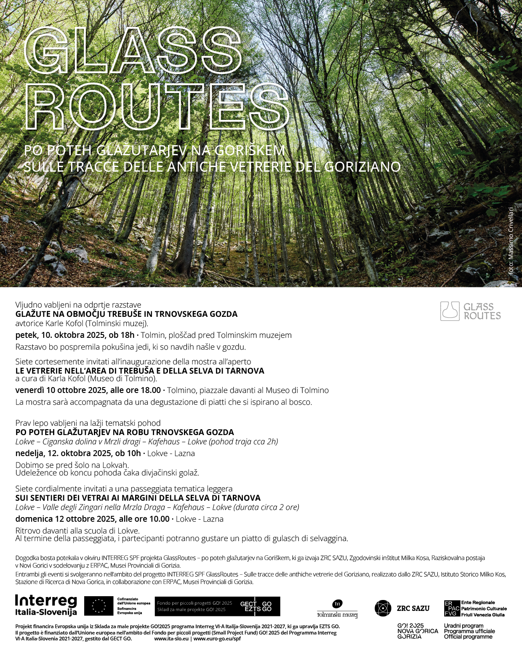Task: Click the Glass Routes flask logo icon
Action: coord(450,311)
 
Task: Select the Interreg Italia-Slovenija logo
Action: coord(46,605)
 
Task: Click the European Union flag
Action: coord(99,606)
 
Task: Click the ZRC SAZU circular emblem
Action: coord(383,608)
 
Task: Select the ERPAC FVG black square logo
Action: coord(452,608)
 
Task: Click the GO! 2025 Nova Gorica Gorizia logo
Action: coord(417,631)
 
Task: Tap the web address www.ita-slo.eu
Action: coord(171,639)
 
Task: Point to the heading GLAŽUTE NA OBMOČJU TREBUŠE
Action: coord(126,314)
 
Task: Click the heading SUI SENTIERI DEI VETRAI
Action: coord(138,498)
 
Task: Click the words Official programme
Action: coord(468,637)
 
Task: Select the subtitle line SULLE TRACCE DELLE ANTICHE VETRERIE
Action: coord(212,167)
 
